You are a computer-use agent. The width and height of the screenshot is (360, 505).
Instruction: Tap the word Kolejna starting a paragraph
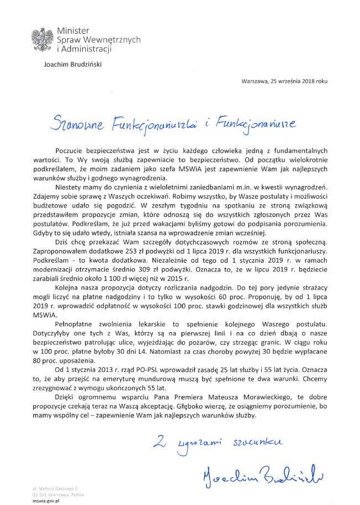(x=67, y=289)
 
